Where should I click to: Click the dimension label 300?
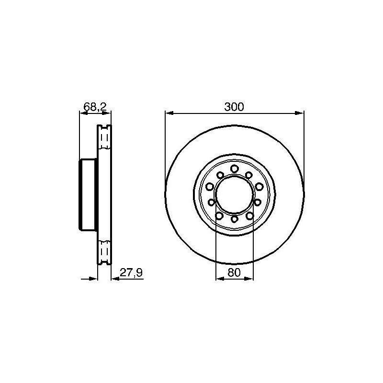[234, 107]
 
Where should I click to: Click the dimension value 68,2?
[95, 107]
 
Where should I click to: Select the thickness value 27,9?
[131, 272]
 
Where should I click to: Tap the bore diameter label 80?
[234, 272]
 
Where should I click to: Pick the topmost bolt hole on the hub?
[235, 169]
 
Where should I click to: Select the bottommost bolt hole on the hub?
[235, 219]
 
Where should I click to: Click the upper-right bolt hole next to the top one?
[249, 175]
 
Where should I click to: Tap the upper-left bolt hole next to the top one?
[220, 175]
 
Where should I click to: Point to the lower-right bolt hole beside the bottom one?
[249, 216]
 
